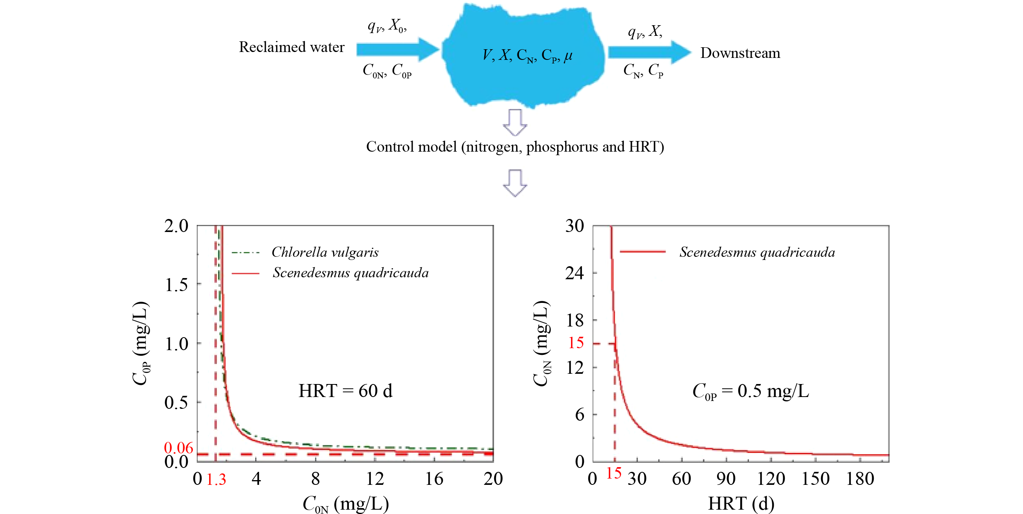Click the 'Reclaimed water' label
click(x=291, y=47)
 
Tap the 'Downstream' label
click(x=740, y=53)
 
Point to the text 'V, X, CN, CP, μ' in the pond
click(x=527, y=55)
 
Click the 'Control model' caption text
click(x=515, y=147)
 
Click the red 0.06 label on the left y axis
click(x=178, y=448)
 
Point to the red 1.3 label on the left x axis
click(x=217, y=479)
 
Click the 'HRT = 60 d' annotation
click(x=345, y=391)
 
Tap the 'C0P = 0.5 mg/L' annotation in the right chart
click(x=750, y=391)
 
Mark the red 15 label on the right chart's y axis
click(x=576, y=343)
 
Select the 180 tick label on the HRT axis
click(x=860, y=479)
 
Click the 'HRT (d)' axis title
click(x=741, y=504)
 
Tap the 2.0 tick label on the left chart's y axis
click(x=176, y=226)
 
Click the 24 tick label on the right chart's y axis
click(x=575, y=273)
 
